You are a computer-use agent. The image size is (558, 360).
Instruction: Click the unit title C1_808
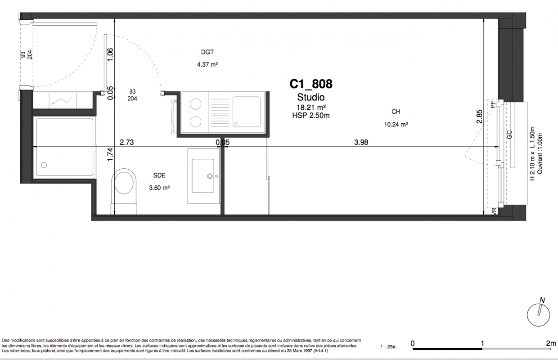[x=311, y=84]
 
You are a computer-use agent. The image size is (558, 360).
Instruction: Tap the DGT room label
[x=207, y=52]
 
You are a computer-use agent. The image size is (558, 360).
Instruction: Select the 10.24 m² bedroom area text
[x=396, y=124]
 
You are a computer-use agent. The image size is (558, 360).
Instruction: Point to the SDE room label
[x=159, y=175]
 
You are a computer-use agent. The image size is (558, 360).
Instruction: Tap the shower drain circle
[x=44, y=165]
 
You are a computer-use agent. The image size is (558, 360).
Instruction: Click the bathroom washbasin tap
[x=210, y=176]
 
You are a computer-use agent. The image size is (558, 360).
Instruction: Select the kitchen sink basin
[x=247, y=112]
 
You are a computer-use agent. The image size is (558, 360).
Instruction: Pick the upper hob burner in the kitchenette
[x=196, y=104]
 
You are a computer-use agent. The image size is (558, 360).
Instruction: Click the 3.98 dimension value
[x=361, y=142]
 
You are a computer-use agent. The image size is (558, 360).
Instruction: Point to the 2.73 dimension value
[x=126, y=142]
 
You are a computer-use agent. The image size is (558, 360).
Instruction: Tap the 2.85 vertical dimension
[x=479, y=117]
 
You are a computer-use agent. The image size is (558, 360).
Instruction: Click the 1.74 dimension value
[x=110, y=154]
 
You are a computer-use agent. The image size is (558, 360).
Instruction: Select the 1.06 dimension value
[x=110, y=54]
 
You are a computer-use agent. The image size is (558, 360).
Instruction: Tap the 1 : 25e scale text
[x=388, y=347]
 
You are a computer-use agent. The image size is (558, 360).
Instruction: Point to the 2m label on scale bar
[x=551, y=343]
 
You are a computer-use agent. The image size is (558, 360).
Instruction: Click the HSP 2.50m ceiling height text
[x=311, y=115]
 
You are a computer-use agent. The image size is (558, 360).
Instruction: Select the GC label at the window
[x=509, y=135]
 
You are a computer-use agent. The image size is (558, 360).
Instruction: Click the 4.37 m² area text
[x=207, y=64]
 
